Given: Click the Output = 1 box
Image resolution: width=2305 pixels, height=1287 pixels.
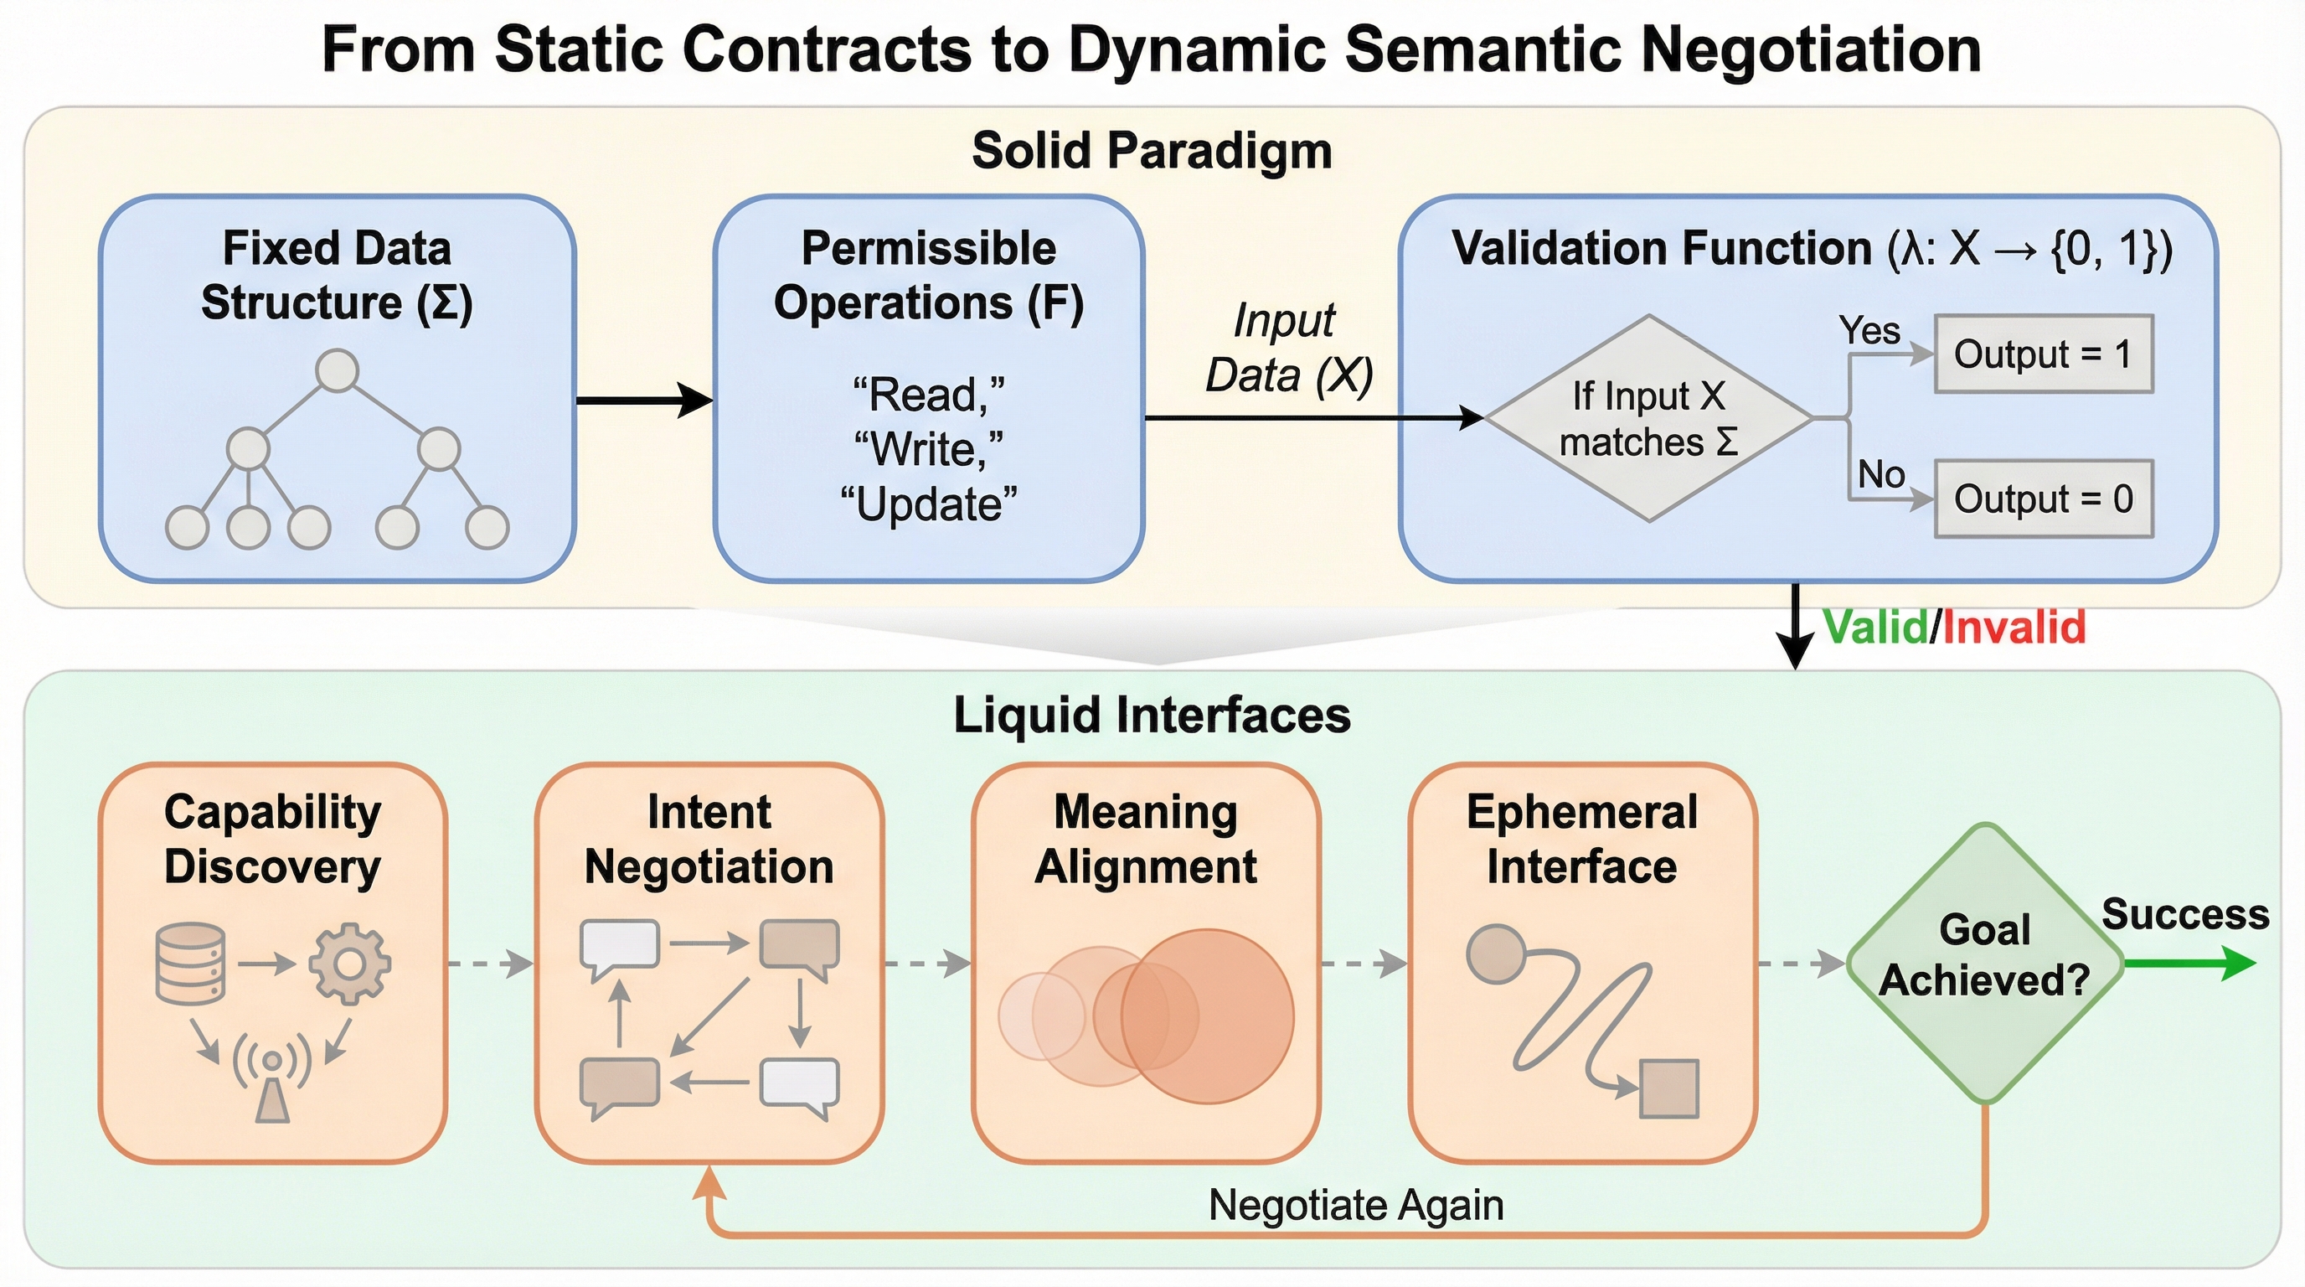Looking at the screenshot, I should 2043,354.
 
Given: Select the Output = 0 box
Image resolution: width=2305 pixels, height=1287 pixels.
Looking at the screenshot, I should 2043,499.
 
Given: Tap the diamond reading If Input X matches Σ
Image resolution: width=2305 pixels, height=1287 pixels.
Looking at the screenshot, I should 1648,418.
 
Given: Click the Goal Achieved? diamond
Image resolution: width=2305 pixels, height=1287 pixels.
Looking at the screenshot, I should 1985,963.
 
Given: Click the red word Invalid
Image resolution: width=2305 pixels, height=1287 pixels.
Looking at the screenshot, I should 2014,627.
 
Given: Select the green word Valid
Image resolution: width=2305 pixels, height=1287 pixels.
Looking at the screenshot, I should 1874,627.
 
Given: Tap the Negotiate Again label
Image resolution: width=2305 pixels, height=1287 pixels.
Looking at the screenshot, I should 1356,1205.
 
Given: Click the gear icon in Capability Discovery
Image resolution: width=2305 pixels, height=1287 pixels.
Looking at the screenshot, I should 350,963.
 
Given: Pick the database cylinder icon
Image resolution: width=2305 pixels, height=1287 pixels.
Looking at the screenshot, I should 189,963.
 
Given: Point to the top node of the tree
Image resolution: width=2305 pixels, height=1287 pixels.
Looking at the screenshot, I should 338,370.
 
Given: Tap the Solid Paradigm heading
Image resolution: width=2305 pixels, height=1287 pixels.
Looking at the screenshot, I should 1152,150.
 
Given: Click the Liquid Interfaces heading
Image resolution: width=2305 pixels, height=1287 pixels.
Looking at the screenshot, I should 1152,715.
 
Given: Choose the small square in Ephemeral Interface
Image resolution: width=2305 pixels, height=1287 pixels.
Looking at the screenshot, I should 1668,1089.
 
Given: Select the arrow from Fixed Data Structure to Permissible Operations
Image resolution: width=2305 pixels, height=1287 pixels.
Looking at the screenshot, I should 644,400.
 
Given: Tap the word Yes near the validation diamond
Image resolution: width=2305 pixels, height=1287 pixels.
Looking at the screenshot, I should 1869,330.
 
